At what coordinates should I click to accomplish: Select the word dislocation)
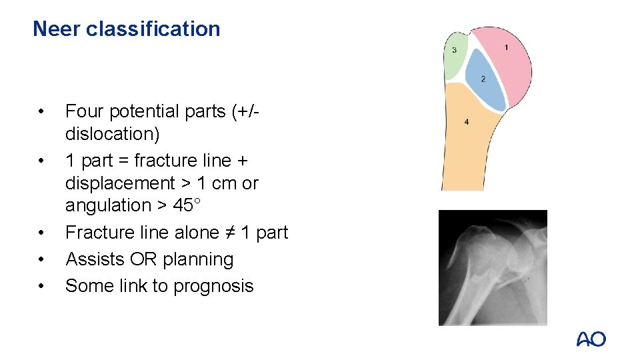[x=112, y=134]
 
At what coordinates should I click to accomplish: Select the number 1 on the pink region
[x=506, y=47]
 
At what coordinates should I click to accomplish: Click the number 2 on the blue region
[x=483, y=79]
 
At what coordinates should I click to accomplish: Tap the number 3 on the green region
[x=455, y=51]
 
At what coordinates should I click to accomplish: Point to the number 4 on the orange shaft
[x=466, y=122]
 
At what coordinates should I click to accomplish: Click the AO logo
[x=591, y=339]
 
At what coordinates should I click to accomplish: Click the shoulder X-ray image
[x=492, y=267]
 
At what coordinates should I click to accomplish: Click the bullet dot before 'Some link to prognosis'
[x=41, y=286]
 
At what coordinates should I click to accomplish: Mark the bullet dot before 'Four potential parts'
[x=41, y=111]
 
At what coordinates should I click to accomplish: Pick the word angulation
[x=108, y=205]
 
